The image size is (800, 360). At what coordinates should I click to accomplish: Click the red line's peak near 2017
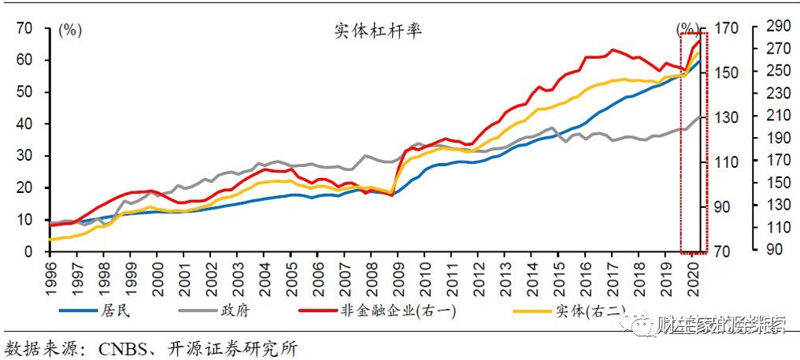(x=612, y=50)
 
